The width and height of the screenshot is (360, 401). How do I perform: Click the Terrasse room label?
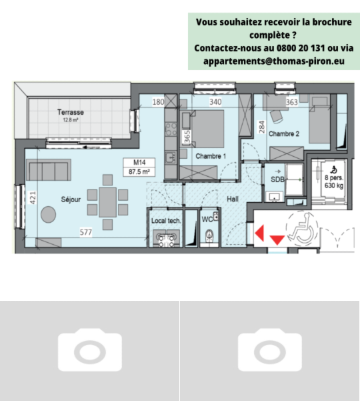coord(71,112)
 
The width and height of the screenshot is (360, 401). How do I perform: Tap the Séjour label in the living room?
coord(71,199)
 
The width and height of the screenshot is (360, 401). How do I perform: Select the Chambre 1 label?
coord(211,156)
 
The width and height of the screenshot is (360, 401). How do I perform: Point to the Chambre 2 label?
coord(284,133)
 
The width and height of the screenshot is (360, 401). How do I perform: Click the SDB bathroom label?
coord(277,179)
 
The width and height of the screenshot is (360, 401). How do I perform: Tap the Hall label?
coord(233,199)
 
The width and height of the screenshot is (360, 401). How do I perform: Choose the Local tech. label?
coord(166,221)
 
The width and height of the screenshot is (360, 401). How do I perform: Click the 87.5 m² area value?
coord(139,171)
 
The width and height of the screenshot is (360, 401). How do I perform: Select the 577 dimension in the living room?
coord(86,232)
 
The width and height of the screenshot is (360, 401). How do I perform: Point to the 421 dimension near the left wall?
coord(33,198)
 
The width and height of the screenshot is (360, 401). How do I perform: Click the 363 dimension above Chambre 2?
coord(292,102)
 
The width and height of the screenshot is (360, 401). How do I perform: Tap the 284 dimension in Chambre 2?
coord(261,127)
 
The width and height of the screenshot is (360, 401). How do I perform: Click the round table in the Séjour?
coord(48,214)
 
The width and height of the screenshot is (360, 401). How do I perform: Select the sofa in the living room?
coord(49,170)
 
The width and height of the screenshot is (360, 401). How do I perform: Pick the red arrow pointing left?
coord(259,233)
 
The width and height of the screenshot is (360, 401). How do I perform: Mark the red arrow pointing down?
coord(277,240)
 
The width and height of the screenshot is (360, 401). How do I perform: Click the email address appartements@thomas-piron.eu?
coord(274,61)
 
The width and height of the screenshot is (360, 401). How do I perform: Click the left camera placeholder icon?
coord(90,350)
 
